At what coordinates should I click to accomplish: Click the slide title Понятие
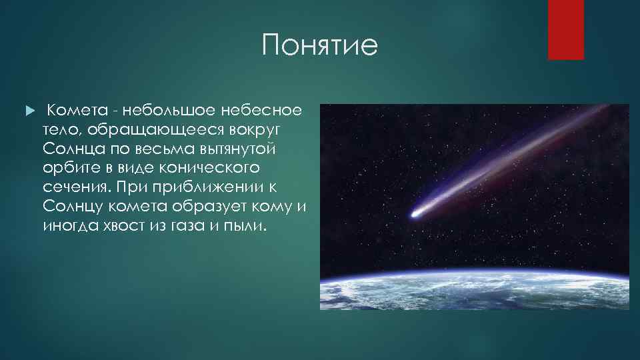pyautogui.click(x=320, y=46)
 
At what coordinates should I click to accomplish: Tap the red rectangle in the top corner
pyautogui.click(x=565, y=29)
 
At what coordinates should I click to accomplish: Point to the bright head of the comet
pyautogui.click(x=415, y=214)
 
